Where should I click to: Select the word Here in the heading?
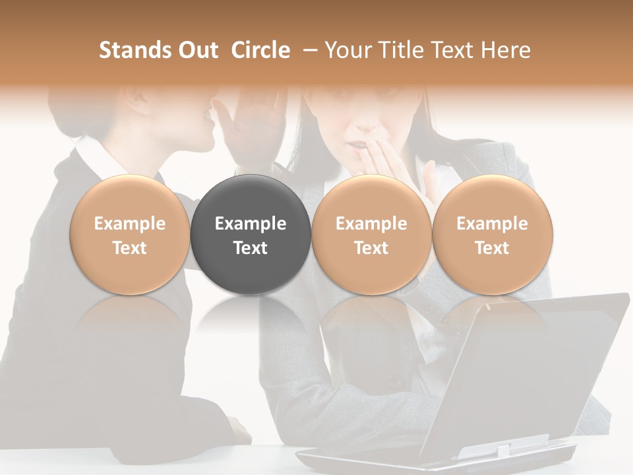point(507,50)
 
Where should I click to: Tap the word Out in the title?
point(196,50)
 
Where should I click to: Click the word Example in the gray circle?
point(251,224)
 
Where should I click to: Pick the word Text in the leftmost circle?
point(129,248)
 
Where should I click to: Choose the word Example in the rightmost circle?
point(492,224)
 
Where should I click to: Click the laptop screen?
point(527,369)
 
